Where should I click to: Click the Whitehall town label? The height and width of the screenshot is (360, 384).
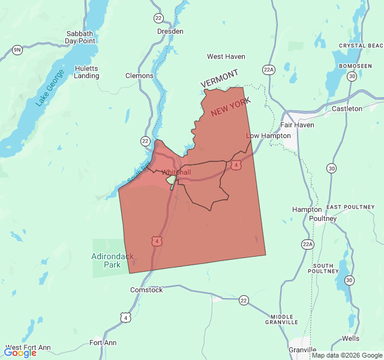coord(176,172)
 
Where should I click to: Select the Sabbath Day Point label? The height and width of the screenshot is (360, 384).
coord(80,37)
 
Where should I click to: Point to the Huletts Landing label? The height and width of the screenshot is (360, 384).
coord(86,72)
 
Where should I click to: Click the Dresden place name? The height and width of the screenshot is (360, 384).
coord(170,31)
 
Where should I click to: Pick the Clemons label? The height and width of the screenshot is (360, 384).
coord(139,76)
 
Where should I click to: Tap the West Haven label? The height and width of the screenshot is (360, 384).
coord(226,56)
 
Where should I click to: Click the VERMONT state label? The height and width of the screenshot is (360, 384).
coord(219,78)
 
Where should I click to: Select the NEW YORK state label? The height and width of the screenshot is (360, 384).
coord(230,108)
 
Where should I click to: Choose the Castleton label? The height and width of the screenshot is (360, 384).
coord(347,109)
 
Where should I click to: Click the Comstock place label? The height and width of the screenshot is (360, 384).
coord(146,290)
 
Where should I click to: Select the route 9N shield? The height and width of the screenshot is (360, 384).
coord(17,50)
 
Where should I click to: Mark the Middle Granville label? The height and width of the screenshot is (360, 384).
coord(281,320)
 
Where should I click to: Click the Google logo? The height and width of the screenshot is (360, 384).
coord(20,353)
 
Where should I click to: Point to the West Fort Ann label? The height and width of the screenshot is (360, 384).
coord(28,347)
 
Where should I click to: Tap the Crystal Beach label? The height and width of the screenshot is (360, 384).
coord(361,46)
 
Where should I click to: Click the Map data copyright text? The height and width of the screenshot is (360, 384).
coord(347,355)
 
